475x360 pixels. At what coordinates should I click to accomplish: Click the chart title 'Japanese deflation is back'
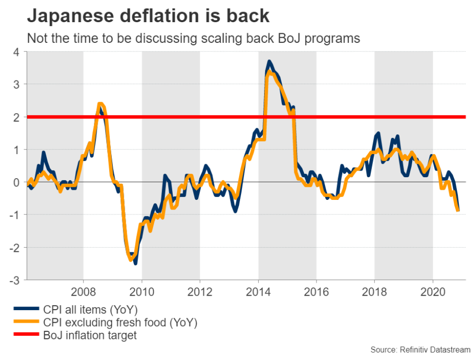[148, 16]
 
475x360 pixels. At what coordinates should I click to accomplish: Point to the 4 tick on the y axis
[16, 51]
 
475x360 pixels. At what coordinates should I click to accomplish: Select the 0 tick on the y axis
[16, 182]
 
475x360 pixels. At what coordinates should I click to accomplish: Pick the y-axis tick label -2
[14, 247]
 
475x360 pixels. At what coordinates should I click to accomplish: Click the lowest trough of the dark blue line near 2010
[135, 263]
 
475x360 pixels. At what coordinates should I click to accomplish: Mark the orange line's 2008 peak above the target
[100, 105]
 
